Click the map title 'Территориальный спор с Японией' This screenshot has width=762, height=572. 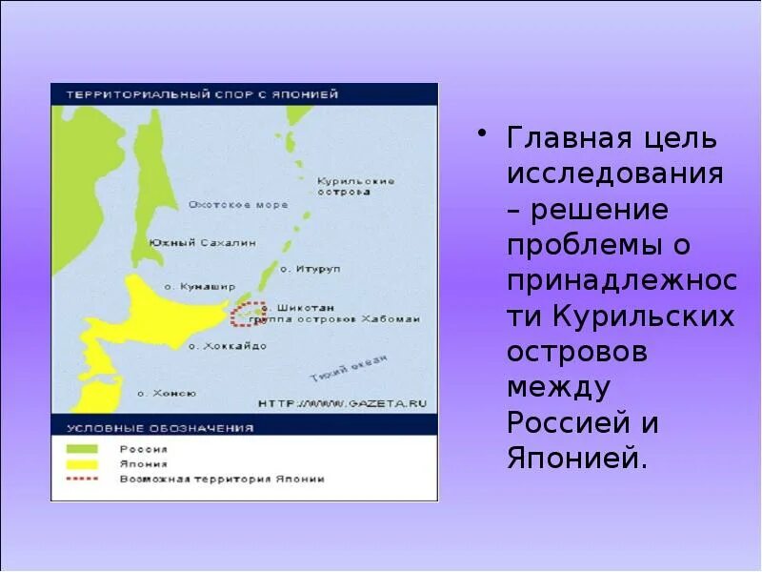[x=201, y=94]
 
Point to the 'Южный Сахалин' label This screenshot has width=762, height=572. [x=202, y=243]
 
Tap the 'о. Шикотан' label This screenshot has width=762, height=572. [x=298, y=308]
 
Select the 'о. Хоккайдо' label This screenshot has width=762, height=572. [x=228, y=346]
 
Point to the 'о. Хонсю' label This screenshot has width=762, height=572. [x=167, y=393]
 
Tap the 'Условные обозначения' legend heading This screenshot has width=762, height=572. [x=160, y=428]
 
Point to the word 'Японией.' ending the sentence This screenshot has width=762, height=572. [x=577, y=458]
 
